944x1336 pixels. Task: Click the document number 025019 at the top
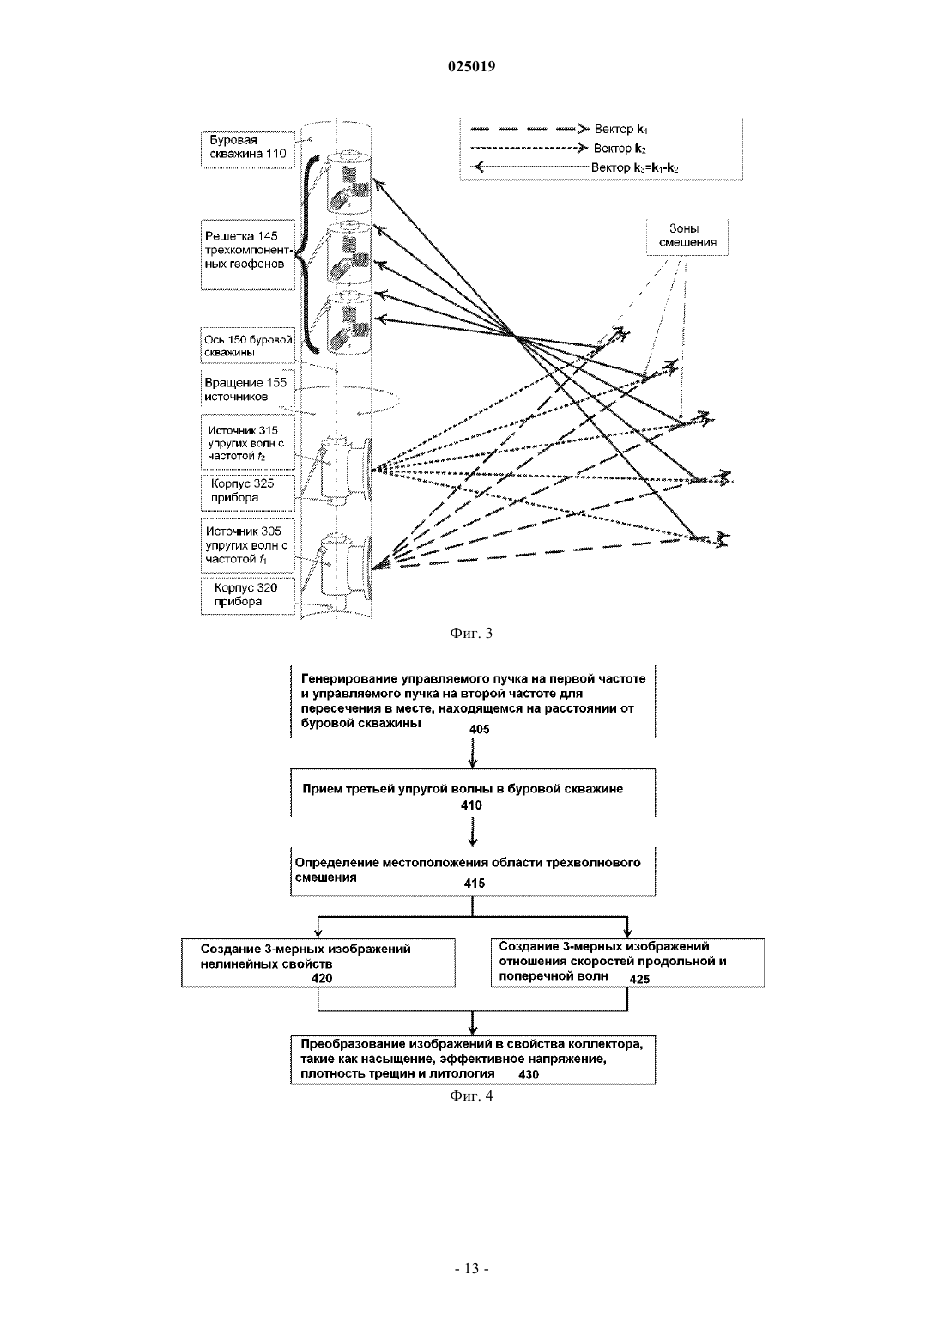[471, 66]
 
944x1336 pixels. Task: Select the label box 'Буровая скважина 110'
[248, 149]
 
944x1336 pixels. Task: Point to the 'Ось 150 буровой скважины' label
[248, 345]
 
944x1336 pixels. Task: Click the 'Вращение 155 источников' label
[248, 390]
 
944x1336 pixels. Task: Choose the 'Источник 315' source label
[248, 442]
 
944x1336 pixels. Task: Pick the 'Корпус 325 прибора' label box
[248, 492]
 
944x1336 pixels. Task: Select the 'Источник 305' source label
[248, 545]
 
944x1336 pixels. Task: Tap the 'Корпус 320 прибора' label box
[248, 596]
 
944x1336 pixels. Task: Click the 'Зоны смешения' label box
[687, 236]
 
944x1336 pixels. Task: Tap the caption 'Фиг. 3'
[471, 634]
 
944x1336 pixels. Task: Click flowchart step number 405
[479, 729]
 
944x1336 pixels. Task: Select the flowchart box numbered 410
[473, 792]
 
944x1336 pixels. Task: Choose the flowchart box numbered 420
[318, 963]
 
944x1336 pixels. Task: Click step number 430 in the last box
[529, 1075]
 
